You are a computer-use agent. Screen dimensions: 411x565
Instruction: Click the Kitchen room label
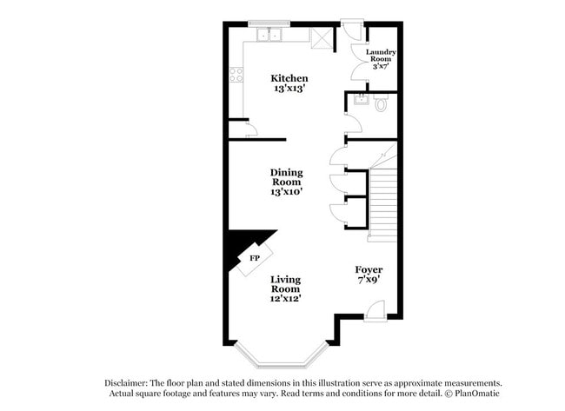pyautogui.click(x=289, y=78)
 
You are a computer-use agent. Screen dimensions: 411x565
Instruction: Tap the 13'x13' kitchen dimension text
pyautogui.click(x=289, y=89)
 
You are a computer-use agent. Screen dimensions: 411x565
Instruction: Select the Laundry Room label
pyautogui.click(x=381, y=56)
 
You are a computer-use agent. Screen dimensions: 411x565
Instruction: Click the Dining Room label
pyautogui.click(x=286, y=177)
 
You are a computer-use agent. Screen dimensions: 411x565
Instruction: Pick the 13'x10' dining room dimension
pyautogui.click(x=286, y=192)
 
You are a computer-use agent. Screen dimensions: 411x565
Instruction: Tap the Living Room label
pyautogui.click(x=286, y=284)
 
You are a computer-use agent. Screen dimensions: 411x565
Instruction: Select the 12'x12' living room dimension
pyautogui.click(x=286, y=299)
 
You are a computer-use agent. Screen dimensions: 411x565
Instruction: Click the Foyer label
pyautogui.click(x=369, y=270)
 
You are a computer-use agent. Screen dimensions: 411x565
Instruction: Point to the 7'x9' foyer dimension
pyautogui.click(x=369, y=281)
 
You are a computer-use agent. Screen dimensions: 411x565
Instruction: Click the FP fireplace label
pyautogui.click(x=255, y=259)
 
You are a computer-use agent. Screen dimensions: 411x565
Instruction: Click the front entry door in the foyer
pyautogui.click(x=373, y=308)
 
